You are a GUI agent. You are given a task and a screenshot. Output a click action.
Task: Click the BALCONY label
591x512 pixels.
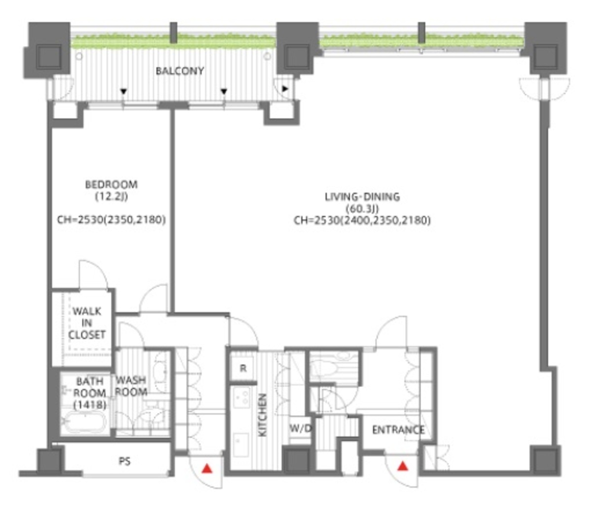180,71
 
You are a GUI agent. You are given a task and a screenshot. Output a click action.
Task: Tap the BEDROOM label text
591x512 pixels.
111,184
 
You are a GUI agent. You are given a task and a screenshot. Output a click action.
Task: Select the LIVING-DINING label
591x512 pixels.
362,197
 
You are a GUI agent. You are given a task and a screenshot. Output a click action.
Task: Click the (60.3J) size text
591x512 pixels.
362,208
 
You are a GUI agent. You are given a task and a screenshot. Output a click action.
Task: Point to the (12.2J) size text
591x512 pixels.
111,196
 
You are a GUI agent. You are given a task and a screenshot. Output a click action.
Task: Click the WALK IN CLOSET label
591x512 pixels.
87,323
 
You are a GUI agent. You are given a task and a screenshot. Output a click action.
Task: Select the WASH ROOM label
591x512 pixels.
131,386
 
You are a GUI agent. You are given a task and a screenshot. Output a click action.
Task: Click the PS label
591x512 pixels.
125,461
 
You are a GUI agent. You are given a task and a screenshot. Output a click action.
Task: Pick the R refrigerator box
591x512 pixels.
243,368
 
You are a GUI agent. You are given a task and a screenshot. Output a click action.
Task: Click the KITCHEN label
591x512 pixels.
263,415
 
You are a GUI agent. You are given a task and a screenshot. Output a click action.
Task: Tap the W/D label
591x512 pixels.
301,428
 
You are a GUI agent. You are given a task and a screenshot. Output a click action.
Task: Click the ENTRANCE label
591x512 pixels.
398,430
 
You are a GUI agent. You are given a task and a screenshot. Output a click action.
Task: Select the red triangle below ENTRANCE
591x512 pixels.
403,466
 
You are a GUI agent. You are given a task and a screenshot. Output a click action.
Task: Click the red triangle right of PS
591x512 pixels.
207,469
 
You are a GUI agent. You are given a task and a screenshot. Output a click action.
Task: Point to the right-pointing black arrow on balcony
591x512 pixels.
285,89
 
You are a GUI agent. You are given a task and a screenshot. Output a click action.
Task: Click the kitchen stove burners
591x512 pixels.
242,397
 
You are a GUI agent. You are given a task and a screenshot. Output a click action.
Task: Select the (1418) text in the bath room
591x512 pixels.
90,405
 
